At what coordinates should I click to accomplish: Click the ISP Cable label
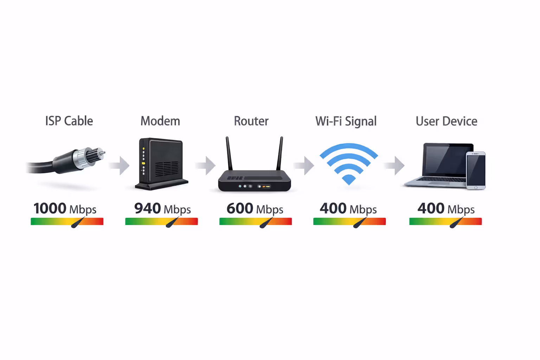(x=69, y=121)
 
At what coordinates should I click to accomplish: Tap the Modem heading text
(x=160, y=121)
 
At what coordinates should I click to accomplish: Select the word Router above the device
(x=251, y=121)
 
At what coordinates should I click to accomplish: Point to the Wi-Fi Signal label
(x=346, y=121)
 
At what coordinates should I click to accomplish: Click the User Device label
(x=446, y=121)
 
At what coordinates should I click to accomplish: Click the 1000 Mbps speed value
(x=65, y=208)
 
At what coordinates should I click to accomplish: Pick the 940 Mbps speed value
(x=162, y=208)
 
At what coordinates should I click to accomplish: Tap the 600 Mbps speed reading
(x=255, y=208)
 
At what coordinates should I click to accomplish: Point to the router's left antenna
(x=229, y=154)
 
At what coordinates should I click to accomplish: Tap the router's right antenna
(x=280, y=154)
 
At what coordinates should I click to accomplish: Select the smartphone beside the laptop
(x=476, y=171)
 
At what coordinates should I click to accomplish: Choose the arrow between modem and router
(x=207, y=166)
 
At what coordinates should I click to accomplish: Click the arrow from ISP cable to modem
(x=121, y=166)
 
